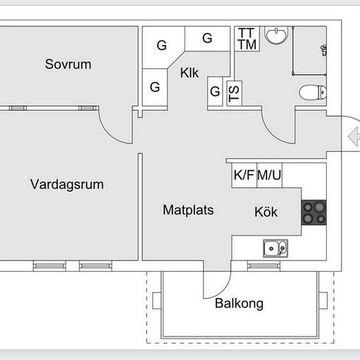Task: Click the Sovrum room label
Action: click(68, 64)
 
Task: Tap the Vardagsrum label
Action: click(67, 185)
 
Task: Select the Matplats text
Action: click(188, 210)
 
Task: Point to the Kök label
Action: click(266, 211)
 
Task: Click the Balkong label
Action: click(239, 304)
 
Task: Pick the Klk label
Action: click(189, 73)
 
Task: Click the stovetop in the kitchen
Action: click(314, 212)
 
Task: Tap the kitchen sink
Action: click(276, 249)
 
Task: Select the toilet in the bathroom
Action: click(313, 92)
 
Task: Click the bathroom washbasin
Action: click(276, 35)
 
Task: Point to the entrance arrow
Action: click(354, 137)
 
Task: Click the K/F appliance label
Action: click(243, 175)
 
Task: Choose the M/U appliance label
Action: click(269, 175)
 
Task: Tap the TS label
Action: click(234, 94)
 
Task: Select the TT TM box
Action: click(247, 39)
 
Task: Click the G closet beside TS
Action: click(215, 92)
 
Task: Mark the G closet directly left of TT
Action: click(207, 38)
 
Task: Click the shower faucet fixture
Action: click(324, 50)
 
